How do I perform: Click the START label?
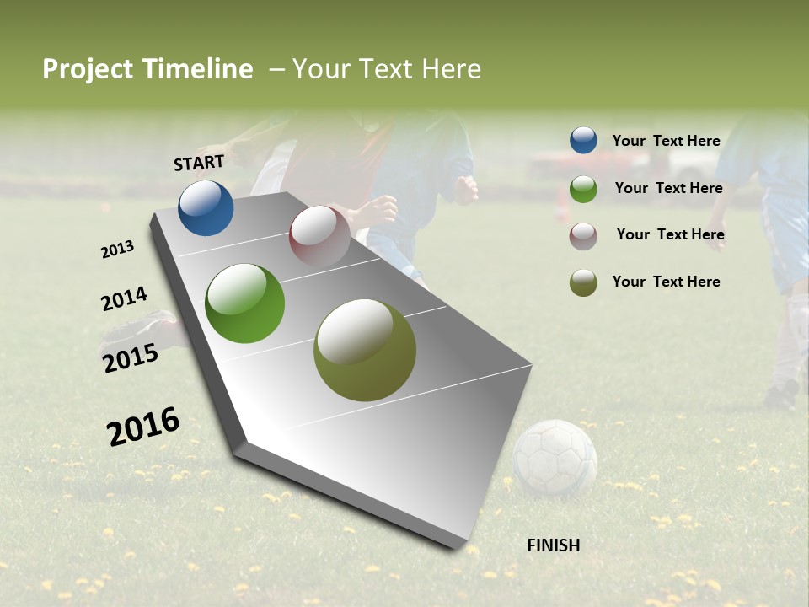click(199, 163)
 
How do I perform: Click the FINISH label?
click(553, 545)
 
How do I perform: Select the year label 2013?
click(117, 250)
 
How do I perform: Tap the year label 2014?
click(124, 299)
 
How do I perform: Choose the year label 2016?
click(143, 426)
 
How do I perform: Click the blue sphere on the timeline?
click(206, 208)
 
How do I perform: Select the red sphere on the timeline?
click(319, 235)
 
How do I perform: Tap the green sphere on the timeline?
click(245, 303)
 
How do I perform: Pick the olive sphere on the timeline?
click(365, 350)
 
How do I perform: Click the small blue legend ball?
click(583, 141)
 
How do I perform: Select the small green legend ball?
click(583, 189)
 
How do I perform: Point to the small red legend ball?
click(583, 236)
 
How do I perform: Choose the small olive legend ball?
click(583, 282)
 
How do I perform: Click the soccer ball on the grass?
click(555, 458)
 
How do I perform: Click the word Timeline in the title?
click(198, 69)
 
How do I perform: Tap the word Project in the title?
click(87, 69)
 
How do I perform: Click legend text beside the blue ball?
click(666, 141)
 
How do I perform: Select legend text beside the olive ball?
click(666, 282)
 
